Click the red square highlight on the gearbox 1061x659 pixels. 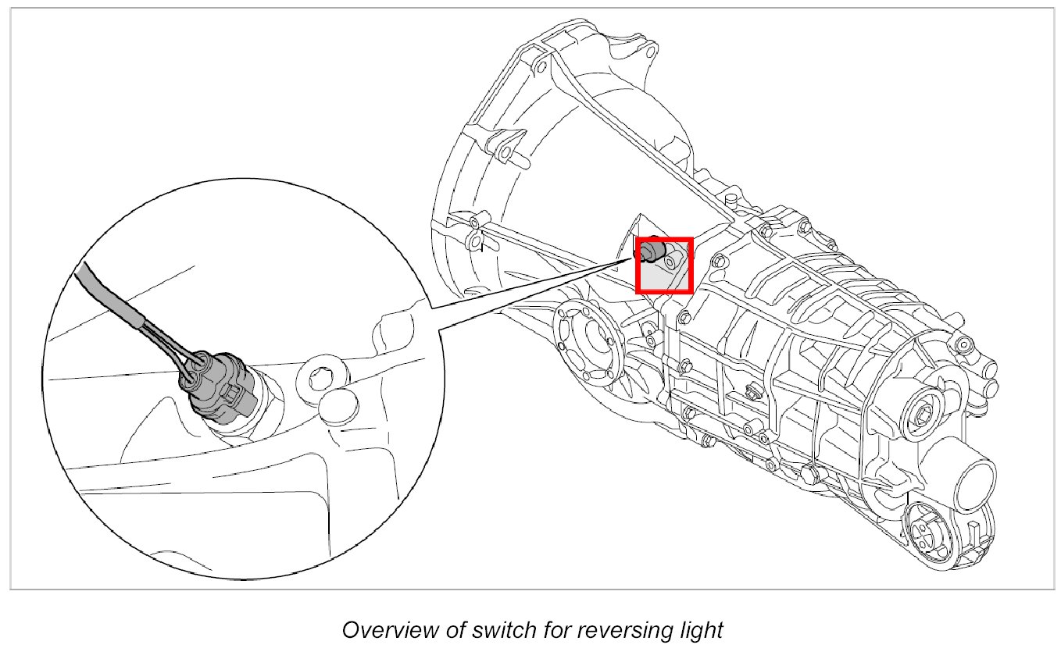pos(664,265)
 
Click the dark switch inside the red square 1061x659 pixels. pos(652,252)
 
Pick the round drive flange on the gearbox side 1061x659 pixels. pos(587,344)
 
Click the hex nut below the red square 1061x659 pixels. pos(685,316)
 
